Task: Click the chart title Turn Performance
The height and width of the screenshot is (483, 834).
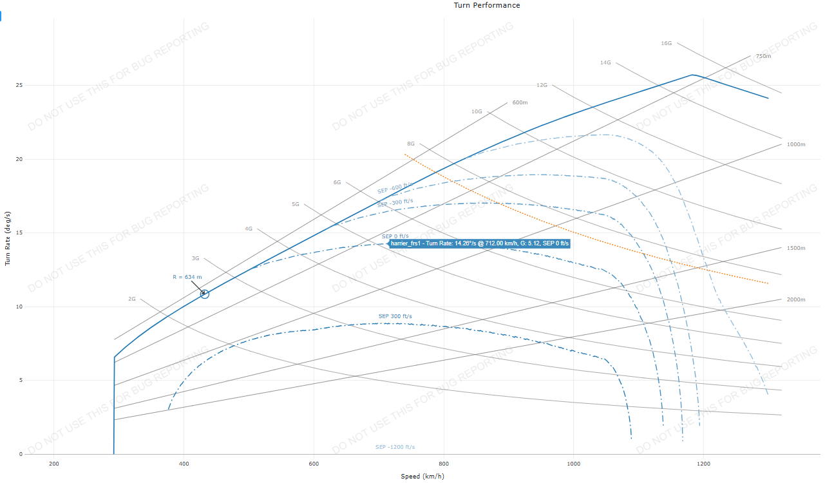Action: point(487,5)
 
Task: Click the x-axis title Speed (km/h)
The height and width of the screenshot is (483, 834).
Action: point(422,477)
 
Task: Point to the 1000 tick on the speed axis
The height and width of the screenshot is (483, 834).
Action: point(573,463)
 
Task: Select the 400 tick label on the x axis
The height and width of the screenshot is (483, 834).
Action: point(184,463)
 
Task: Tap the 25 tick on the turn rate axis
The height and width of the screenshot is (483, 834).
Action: point(19,85)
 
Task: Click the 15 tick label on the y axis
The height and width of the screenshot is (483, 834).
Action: point(19,232)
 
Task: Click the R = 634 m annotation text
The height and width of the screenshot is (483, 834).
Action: point(187,277)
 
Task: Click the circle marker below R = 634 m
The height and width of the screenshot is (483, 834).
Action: point(205,294)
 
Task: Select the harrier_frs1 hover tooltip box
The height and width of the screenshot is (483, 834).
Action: point(480,243)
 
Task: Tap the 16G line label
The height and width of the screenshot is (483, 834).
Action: point(666,43)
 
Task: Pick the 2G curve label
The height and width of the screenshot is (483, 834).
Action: point(131,299)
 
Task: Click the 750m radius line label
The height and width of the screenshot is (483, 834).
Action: point(763,56)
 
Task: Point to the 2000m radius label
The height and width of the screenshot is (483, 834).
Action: point(796,299)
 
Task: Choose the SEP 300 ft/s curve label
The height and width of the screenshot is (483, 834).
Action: point(395,316)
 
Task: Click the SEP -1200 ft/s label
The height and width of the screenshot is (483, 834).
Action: point(395,447)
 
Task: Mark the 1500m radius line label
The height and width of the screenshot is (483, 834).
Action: point(796,248)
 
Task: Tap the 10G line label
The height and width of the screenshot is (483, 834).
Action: point(477,111)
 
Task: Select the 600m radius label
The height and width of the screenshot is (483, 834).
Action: point(520,102)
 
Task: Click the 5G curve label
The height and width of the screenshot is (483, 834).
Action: point(295,204)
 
